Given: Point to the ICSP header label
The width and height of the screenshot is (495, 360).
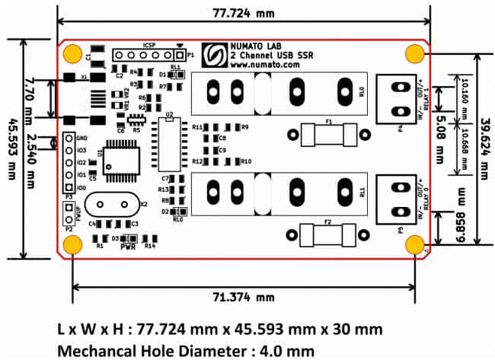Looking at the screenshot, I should (x=148, y=44).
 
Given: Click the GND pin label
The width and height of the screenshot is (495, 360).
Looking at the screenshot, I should (x=81, y=139).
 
